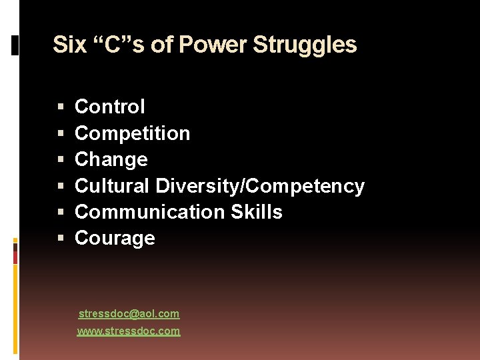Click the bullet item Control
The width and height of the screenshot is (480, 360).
pos(109,107)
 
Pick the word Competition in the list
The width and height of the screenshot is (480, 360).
pos(132,133)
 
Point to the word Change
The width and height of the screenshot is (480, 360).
pos(111,159)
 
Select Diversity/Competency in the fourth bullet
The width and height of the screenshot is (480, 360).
pos(260,186)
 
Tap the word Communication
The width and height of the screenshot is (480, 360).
pos(150,212)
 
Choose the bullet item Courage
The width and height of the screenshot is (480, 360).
pos(115,238)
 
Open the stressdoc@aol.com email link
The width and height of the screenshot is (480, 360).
pos(129,313)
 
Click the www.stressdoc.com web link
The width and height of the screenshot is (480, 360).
pos(129,331)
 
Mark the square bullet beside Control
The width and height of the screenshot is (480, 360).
pos(61,107)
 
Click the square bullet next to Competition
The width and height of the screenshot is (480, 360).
pos(61,133)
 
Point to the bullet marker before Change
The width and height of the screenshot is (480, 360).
pos(61,159)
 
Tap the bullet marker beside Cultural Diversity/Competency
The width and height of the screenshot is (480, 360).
pos(61,186)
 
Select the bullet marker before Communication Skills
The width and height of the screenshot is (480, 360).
pos(61,212)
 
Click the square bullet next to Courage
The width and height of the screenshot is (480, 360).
pos(61,238)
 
